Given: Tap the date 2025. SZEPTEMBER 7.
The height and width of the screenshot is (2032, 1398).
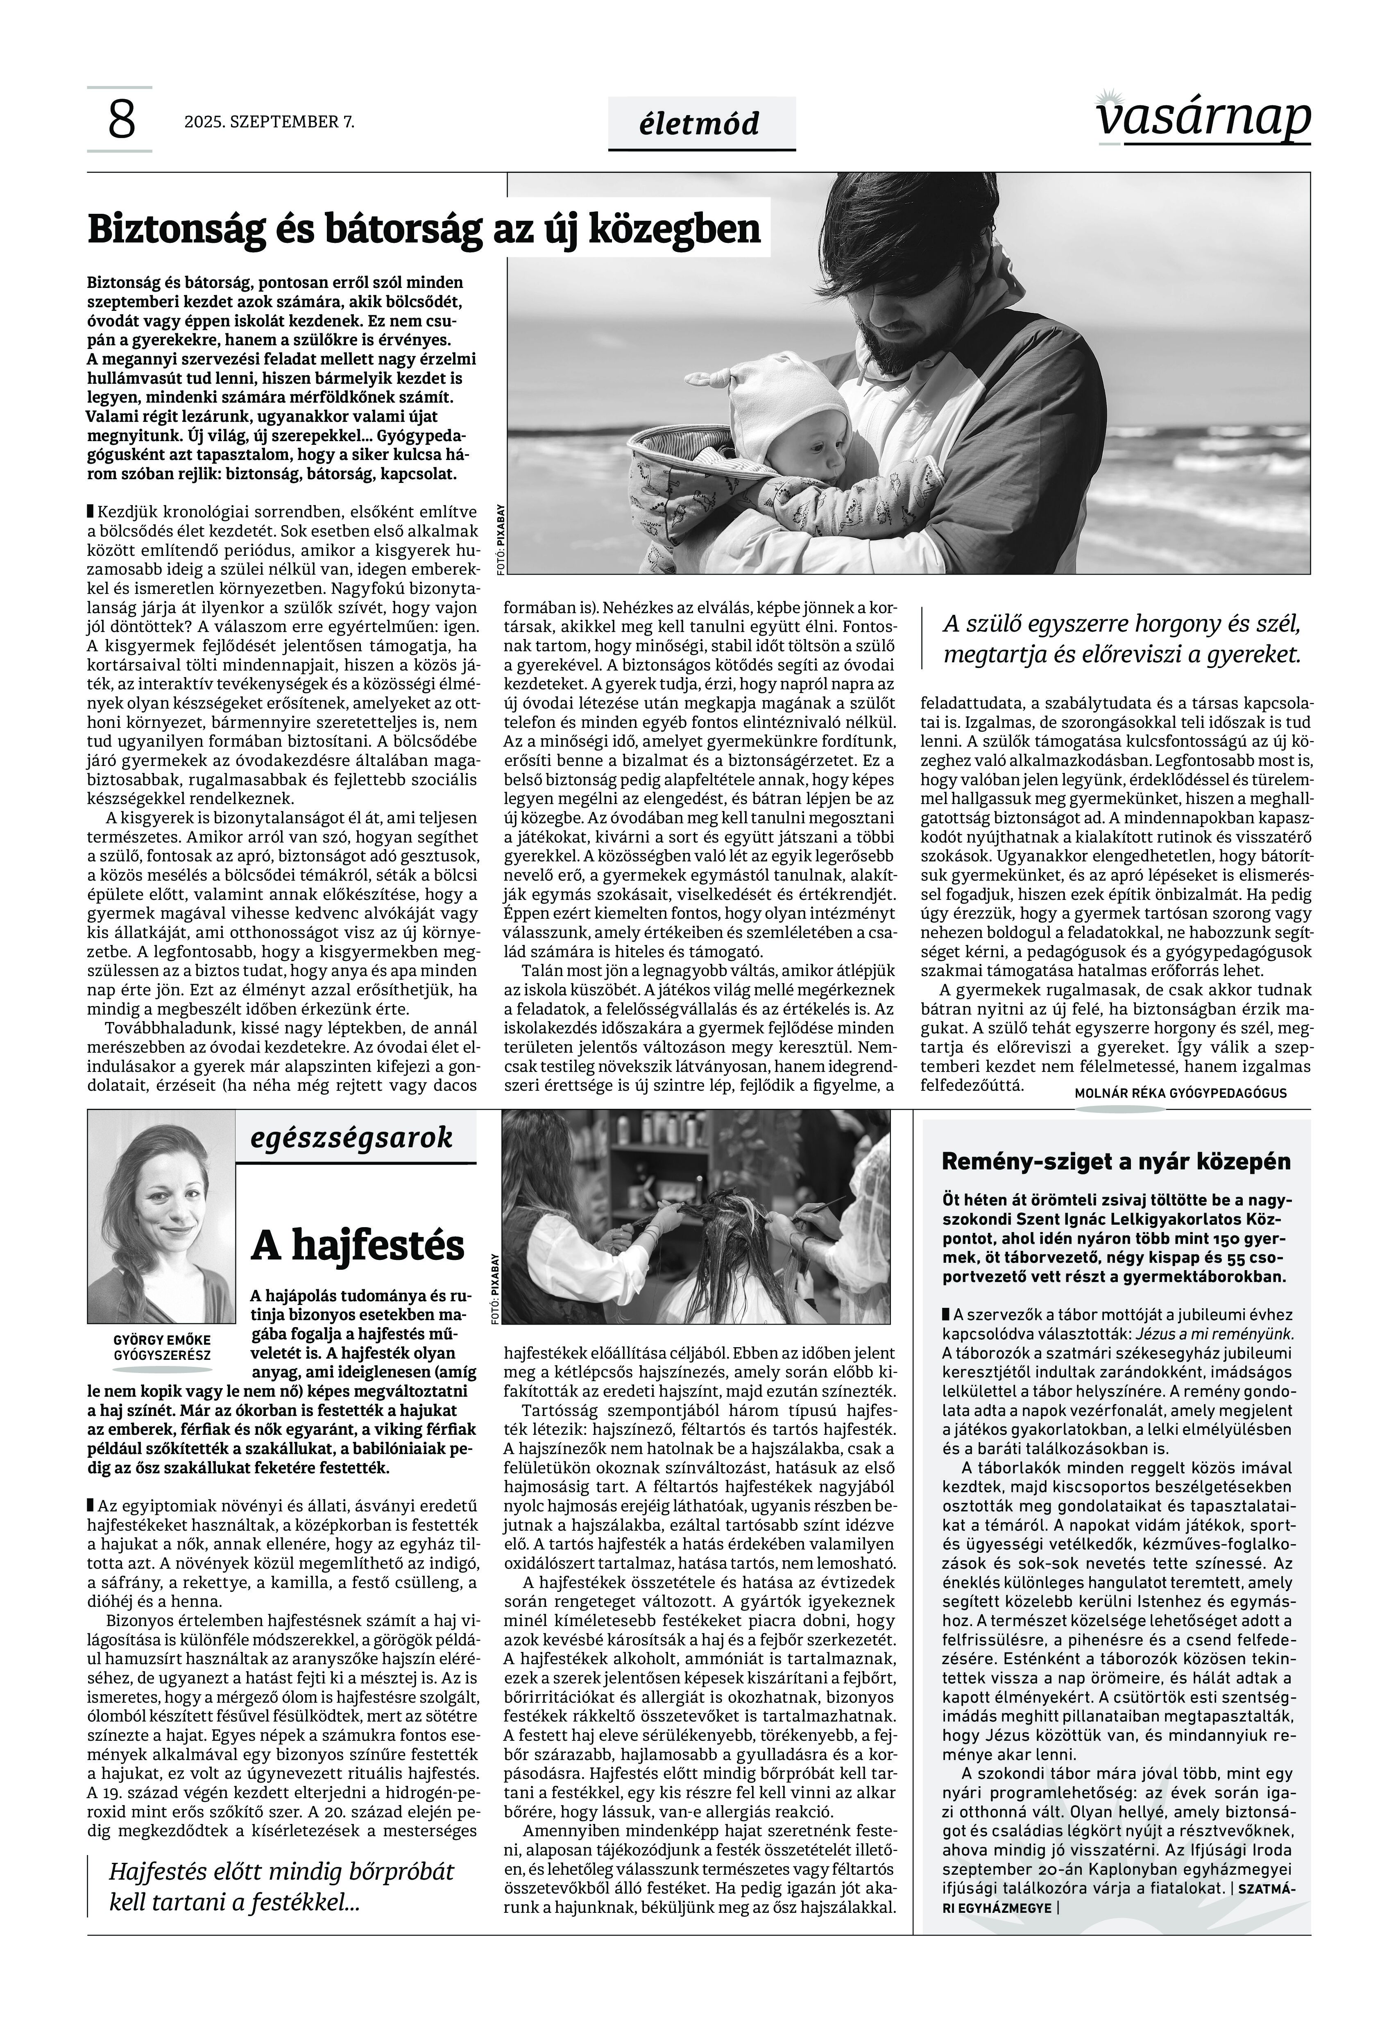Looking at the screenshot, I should (x=269, y=122).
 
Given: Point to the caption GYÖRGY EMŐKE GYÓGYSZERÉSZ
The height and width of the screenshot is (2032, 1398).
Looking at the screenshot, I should (x=162, y=1347).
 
